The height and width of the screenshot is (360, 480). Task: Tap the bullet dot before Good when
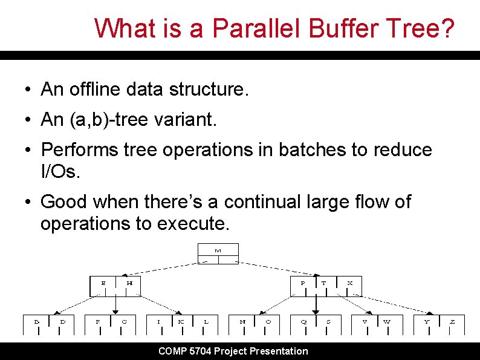[x=28, y=202]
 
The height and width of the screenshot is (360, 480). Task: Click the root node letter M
[x=218, y=250]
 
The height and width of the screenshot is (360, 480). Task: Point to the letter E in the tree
[x=103, y=283]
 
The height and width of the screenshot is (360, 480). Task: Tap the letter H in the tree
[x=129, y=283]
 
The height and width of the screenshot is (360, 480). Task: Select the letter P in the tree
[x=303, y=283]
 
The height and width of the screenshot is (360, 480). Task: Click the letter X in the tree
[x=350, y=283]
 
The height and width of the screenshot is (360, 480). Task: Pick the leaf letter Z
[x=452, y=321]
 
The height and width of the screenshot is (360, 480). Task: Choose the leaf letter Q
[x=304, y=321]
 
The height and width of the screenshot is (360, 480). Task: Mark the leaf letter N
[x=242, y=321]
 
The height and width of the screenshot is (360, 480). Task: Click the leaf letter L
[x=206, y=321]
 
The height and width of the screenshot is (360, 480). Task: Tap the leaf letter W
[x=387, y=321]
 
